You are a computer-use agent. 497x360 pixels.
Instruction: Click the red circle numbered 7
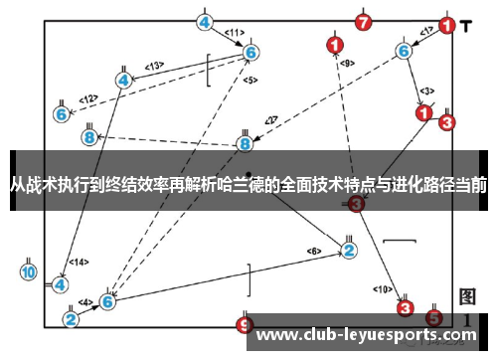(x=364, y=22)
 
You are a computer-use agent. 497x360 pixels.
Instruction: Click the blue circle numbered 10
(x=29, y=271)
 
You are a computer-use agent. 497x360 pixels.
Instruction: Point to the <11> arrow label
(x=234, y=32)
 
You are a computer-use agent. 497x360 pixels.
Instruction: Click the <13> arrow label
(x=154, y=67)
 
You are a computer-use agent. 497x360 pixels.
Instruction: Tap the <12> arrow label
(x=88, y=98)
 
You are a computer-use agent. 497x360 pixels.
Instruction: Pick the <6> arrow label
(x=315, y=251)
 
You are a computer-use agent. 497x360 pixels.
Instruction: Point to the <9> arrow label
(x=347, y=63)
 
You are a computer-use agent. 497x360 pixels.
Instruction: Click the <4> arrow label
(x=85, y=301)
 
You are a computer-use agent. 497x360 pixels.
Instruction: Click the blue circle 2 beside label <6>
(x=349, y=250)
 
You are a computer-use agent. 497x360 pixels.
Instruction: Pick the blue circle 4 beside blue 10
(x=61, y=283)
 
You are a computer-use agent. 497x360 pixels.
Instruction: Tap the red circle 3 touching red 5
(x=406, y=308)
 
